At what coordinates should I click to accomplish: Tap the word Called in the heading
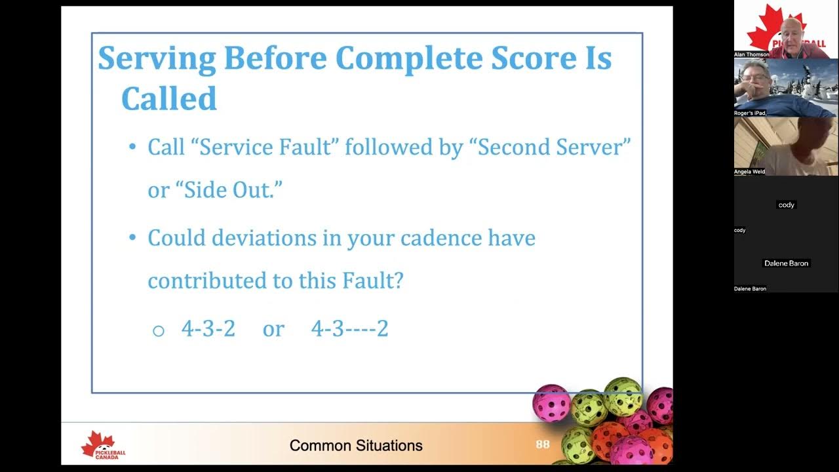pos(168,98)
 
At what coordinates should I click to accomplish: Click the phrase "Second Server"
pos(554,147)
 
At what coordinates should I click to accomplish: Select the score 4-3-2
pos(208,328)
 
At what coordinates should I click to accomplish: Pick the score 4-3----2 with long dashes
pos(349,328)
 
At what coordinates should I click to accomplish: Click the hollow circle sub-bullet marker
pos(158,330)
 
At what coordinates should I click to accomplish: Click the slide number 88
pos(543,444)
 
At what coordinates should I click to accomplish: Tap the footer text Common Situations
pos(356,446)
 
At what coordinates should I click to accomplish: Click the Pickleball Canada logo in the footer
pos(102,446)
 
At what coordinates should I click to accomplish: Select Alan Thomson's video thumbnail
pos(786,29)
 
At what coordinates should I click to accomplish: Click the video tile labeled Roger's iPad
pos(786,88)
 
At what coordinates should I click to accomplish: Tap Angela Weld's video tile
pos(786,146)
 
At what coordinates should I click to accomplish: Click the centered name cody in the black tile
pos(786,205)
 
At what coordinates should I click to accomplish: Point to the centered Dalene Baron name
pos(786,264)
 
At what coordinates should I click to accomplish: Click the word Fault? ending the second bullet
pos(372,281)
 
